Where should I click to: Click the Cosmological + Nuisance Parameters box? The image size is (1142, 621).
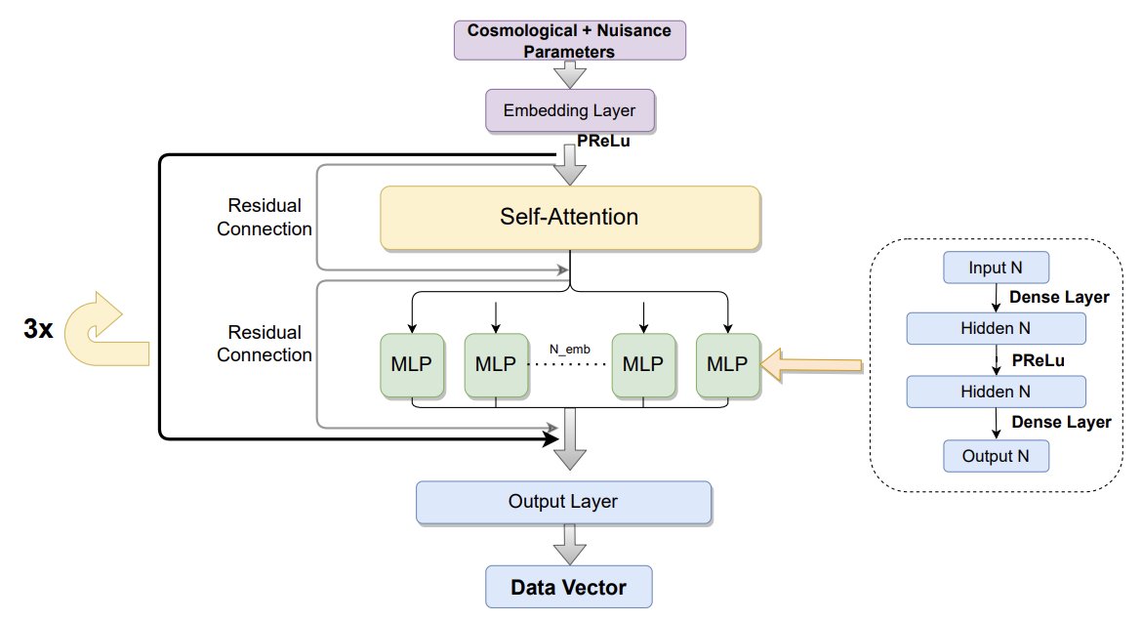[x=570, y=40]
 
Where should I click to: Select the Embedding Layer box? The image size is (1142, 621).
[x=570, y=110]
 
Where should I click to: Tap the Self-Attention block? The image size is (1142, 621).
[x=570, y=217]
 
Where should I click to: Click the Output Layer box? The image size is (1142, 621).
[x=563, y=501]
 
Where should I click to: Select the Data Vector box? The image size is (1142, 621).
[x=569, y=588]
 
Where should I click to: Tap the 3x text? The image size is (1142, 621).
[x=38, y=329]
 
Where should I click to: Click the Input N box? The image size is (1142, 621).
[x=996, y=267]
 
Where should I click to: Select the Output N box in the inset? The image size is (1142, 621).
[x=996, y=455]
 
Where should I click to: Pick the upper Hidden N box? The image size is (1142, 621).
[x=996, y=328]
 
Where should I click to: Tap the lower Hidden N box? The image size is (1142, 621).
[x=996, y=392]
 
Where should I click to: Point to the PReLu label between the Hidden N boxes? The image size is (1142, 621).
[x=1037, y=360]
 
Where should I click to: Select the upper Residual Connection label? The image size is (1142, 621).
[x=265, y=218]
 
